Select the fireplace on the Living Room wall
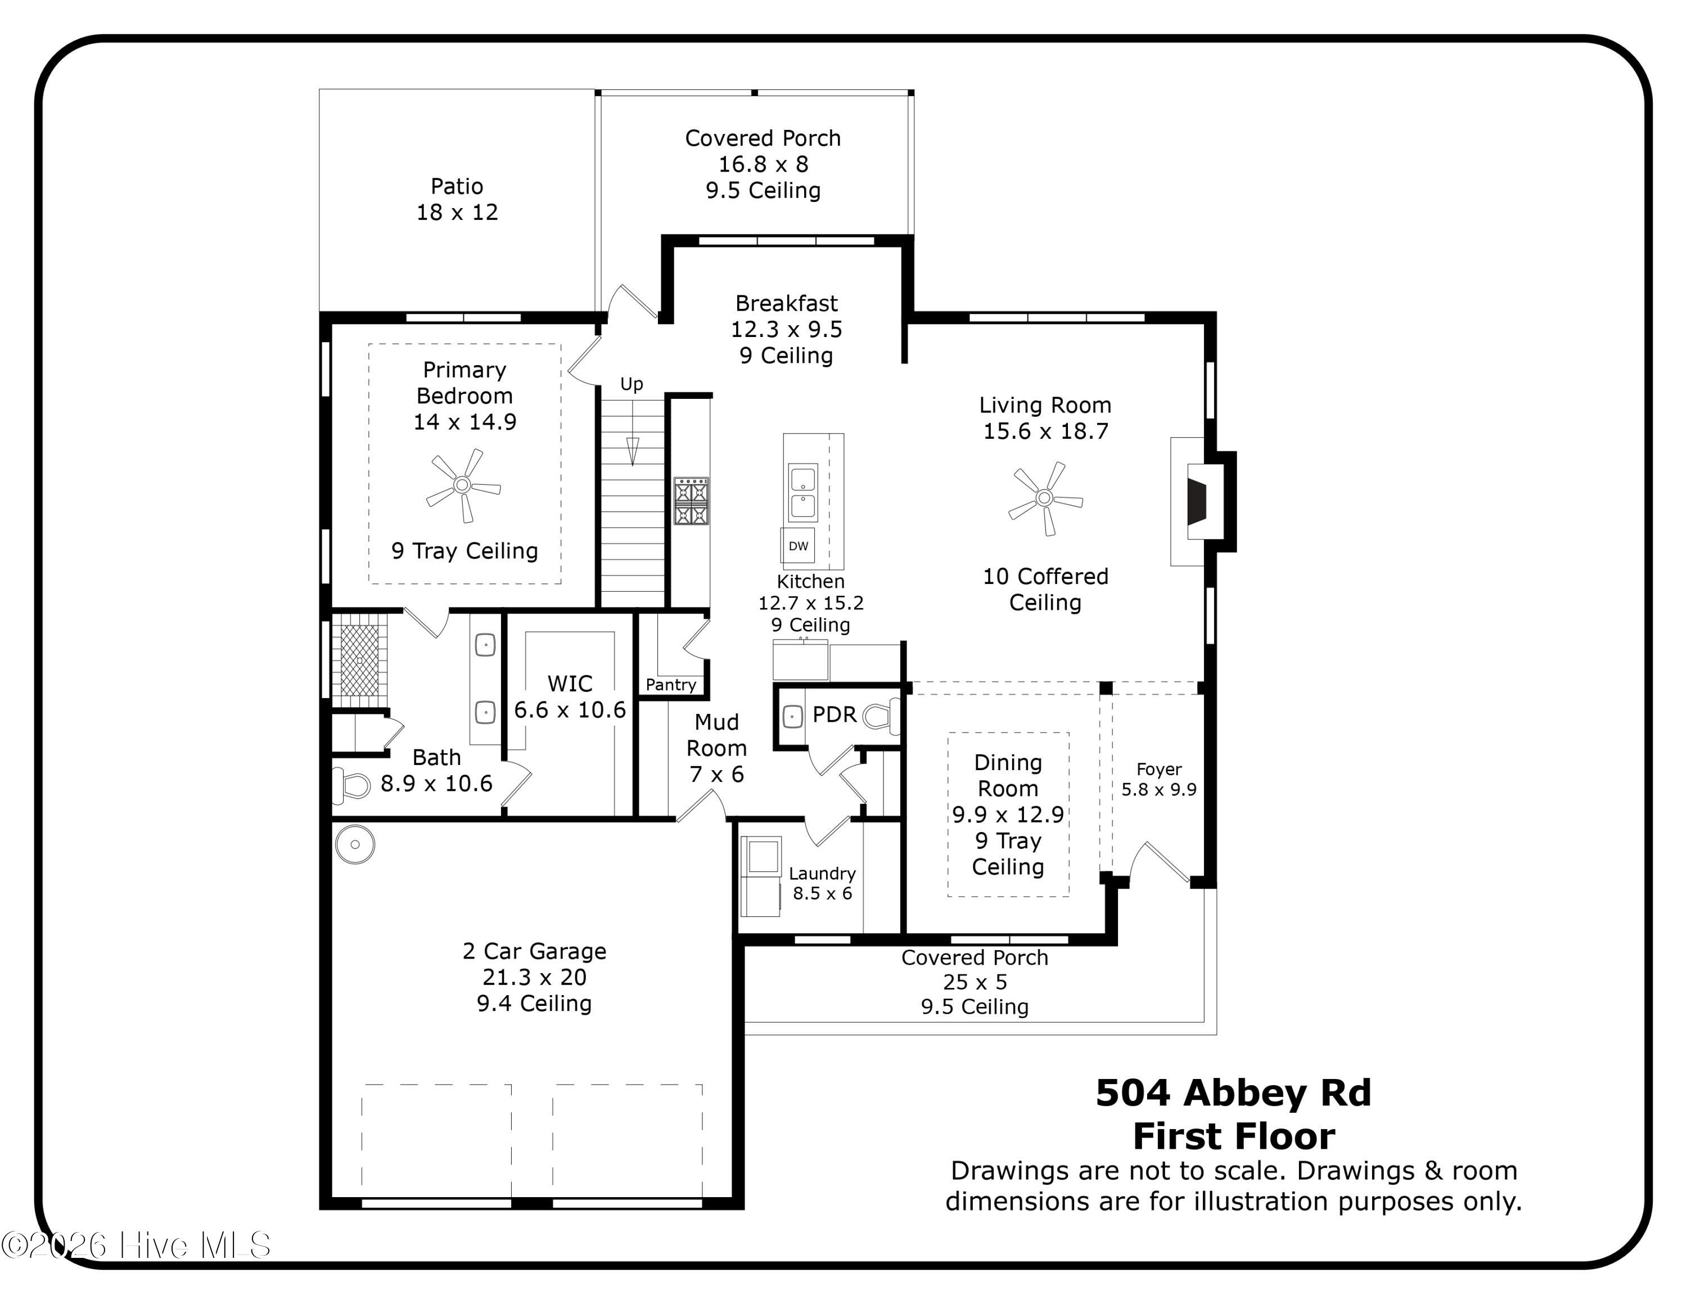1198,502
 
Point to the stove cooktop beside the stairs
691,501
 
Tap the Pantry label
670,685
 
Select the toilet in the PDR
881,716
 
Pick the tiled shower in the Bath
360,661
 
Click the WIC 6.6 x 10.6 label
570,697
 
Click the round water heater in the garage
355,844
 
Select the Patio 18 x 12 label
457,199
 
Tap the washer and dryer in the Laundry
761,876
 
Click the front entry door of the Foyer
1161,863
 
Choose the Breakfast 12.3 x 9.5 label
786,329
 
